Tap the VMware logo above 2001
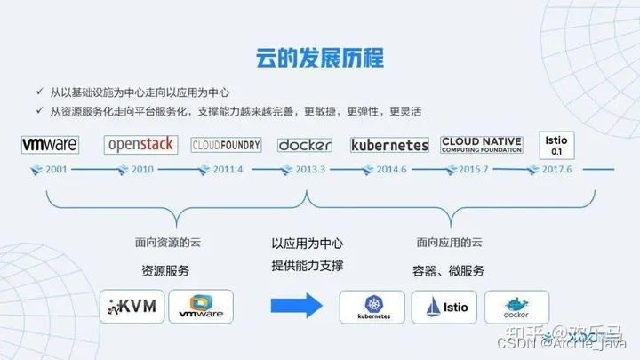click(x=50, y=143)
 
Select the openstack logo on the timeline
click(x=141, y=144)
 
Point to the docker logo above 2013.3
click(x=304, y=144)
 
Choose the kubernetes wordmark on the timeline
click(x=390, y=144)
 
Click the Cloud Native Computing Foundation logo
click(x=484, y=143)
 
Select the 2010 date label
click(x=142, y=169)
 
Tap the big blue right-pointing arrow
click(x=295, y=308)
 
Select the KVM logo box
click(x=130, y=308)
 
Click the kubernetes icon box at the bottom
click(x=373, y=307)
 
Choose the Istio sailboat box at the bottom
click(x=444, y=307)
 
